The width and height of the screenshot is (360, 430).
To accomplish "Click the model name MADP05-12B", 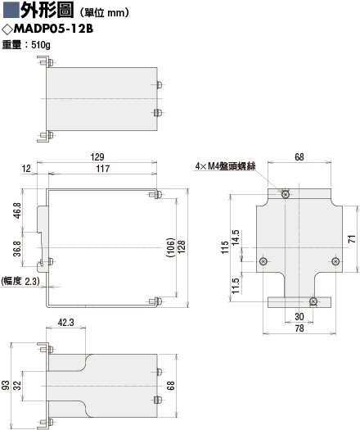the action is pos(53,29).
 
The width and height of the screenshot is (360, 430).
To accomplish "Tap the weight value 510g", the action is pos(41,45).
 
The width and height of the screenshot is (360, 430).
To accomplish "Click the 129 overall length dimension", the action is pos(97,157).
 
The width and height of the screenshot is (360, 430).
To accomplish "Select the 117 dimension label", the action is pos(103,169).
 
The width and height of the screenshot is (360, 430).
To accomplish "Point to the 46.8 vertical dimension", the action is pos(17,210).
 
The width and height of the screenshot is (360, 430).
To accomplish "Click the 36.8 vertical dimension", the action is pos(17,249).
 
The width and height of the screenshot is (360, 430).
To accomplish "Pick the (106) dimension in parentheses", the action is pos(170,247).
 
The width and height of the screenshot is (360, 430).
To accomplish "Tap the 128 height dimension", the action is pos(182,247).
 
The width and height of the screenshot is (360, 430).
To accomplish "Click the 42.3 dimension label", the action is pos(65,323).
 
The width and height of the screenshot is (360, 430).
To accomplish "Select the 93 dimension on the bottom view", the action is pos(6,385).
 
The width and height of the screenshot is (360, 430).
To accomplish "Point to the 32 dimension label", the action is pos(17,385).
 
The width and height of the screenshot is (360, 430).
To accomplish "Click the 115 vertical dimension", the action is pos(225,247).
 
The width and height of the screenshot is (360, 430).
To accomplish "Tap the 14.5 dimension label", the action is pos(236,238).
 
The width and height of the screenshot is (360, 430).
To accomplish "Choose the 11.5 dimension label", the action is pos(236,286).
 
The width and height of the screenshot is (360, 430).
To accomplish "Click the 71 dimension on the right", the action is pos(352,239).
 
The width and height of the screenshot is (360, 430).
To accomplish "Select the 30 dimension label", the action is pos(299,317).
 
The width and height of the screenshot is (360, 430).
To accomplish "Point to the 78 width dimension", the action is pos(299,328).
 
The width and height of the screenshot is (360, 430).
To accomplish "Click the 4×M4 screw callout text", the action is pos(226,166).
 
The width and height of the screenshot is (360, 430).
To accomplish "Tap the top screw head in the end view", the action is pos(286,195).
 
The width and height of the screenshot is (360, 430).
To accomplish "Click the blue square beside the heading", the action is pos(11,9).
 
